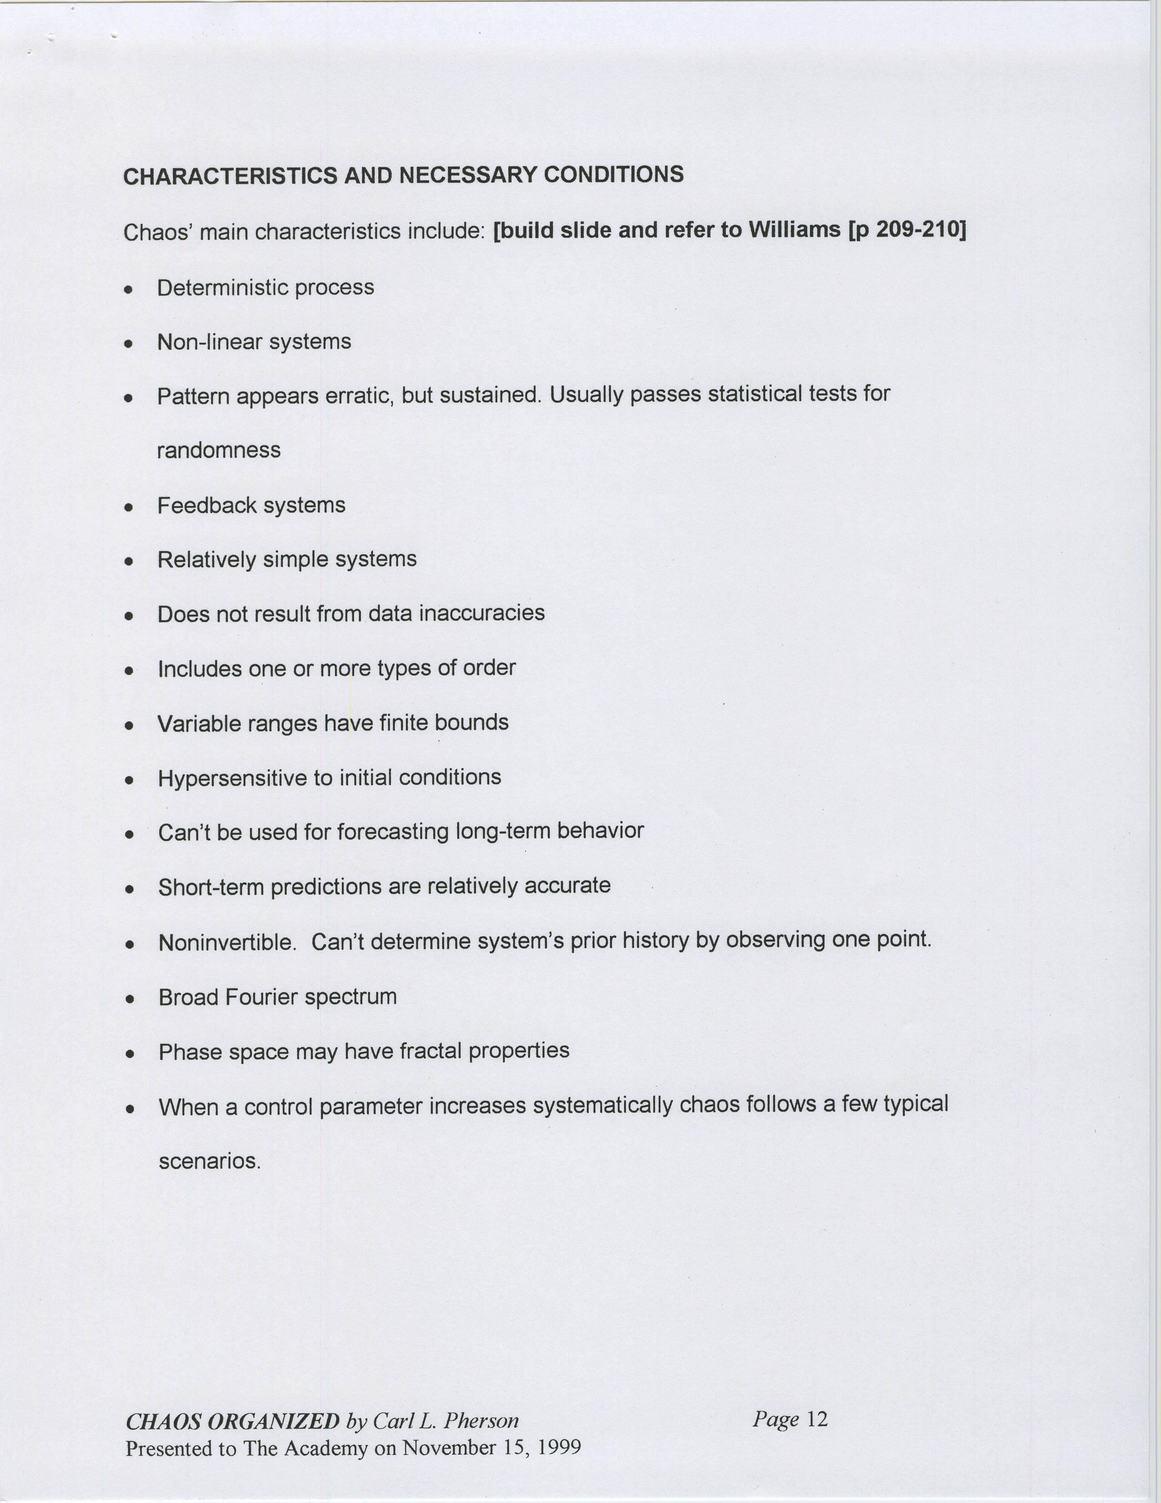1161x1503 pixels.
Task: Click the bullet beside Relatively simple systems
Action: (128, 561)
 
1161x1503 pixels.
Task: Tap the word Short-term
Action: (211, 887)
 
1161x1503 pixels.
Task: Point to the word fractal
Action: (431, 1051)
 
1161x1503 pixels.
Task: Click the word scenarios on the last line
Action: (209, 1162)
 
